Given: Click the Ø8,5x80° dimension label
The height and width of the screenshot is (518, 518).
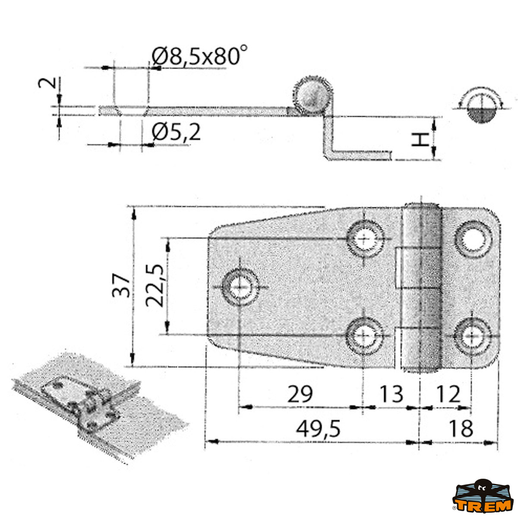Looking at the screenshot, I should point(200,56).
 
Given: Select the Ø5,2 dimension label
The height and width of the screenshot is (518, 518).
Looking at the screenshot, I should point(177,133).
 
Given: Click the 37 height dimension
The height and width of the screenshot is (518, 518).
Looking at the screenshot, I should point(121,285).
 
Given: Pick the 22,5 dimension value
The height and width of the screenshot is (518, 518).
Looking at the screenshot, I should point(154,285).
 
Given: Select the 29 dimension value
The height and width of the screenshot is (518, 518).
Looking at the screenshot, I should point(300,394).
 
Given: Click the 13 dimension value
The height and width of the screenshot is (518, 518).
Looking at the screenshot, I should point(391,394).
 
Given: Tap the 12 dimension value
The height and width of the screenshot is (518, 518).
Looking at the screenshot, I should point(448,394).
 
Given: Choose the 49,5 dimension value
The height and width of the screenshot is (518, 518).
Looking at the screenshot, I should point(319,429).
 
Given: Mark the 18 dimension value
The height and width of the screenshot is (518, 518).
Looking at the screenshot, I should point(461,429).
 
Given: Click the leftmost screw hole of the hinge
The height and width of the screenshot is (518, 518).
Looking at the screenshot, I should point(240,287).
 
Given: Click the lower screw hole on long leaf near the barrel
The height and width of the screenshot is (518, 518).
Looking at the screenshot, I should point(365,336).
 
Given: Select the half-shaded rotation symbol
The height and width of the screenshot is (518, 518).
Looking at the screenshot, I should point(479,108).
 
